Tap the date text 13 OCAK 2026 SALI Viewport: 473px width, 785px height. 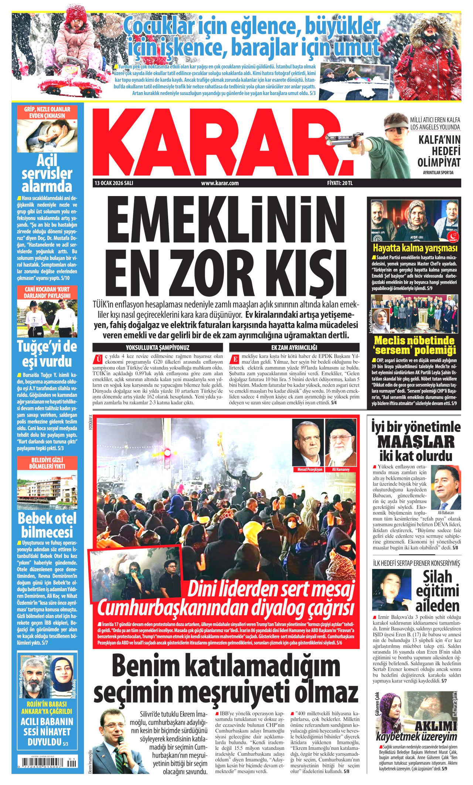114,183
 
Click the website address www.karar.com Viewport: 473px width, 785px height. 220,183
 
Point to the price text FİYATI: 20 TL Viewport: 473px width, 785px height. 340,183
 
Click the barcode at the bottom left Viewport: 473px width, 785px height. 47,763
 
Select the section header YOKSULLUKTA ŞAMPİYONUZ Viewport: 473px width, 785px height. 158,347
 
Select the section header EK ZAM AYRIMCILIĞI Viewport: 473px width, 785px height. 294,347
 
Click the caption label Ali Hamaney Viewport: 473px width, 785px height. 341,469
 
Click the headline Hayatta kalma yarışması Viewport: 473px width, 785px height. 415,248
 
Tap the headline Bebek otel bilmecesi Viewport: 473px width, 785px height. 47,525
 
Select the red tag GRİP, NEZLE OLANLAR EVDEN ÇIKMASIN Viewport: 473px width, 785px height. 47,112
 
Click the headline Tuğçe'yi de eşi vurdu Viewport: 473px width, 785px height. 47,354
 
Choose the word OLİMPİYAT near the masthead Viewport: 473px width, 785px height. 439,162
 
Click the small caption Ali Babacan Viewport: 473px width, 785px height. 445,513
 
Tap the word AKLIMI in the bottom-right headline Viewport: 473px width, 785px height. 436,726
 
